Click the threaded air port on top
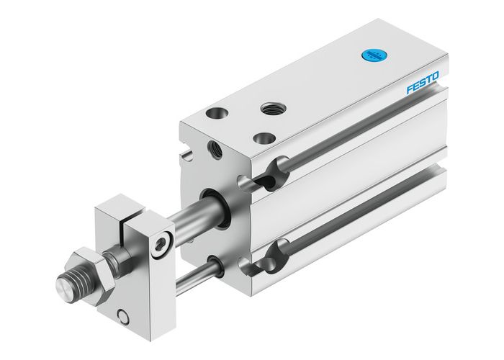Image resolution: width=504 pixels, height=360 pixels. coord(272,108)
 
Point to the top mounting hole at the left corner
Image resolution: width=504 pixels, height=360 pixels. coord(215,113)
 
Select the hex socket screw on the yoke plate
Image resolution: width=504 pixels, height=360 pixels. coord(165,246)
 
